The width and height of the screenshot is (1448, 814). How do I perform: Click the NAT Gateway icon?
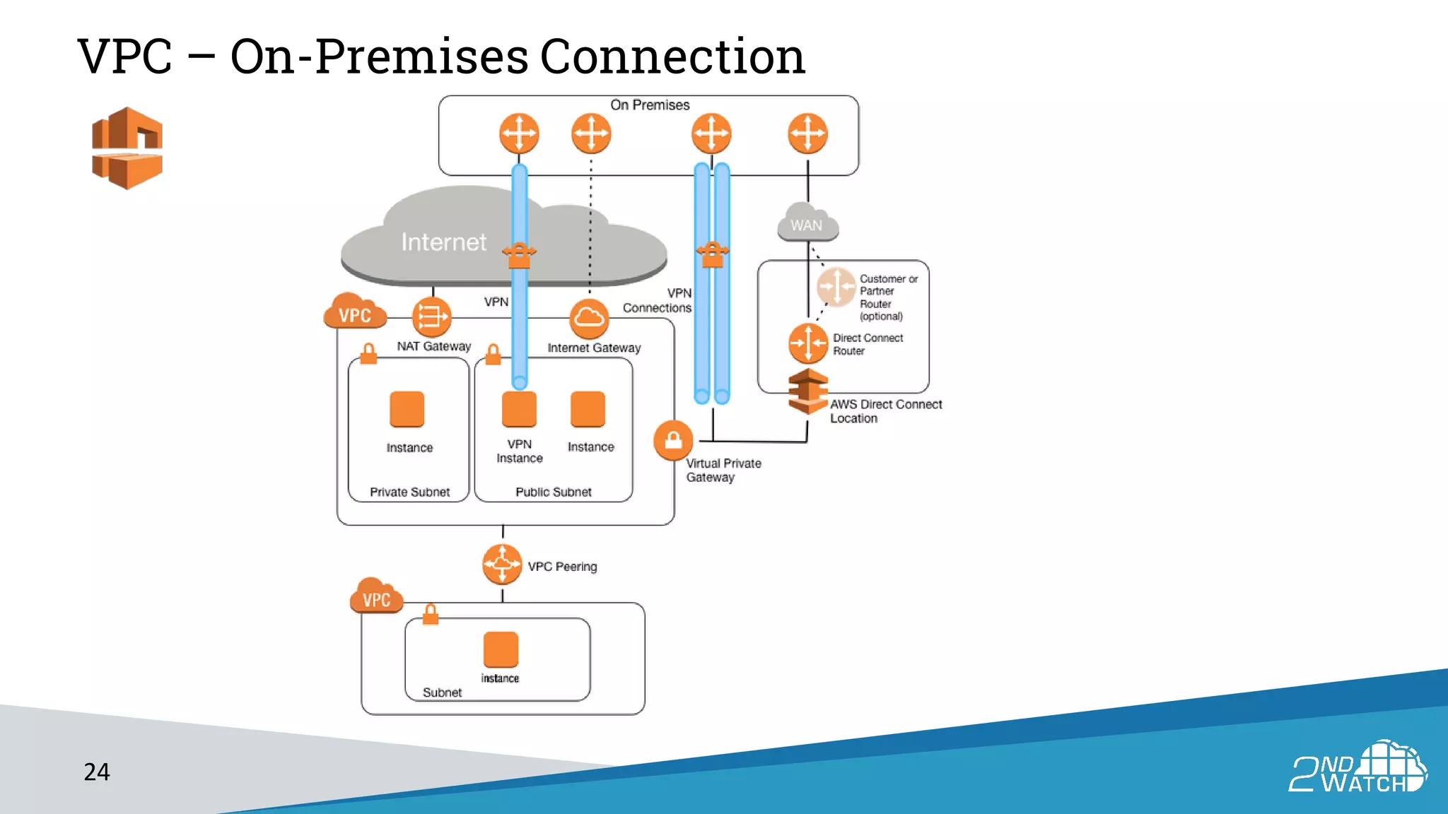(x=431, y=317)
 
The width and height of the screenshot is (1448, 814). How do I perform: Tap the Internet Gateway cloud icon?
(x=589, y=318)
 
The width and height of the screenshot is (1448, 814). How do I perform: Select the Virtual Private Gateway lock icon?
(x=673, y=440)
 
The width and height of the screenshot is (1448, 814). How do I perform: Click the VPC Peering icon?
(x=502, y=564)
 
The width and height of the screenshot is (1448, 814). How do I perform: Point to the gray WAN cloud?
(x=807, y=224)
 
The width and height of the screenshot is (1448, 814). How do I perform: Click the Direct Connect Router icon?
(x=808, y=343)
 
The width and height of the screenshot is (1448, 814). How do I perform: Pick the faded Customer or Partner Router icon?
(x=836, y=287)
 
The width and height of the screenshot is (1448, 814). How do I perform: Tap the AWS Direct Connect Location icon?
(x=808, y=391)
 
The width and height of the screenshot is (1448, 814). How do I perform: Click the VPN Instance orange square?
(x=519, y=409)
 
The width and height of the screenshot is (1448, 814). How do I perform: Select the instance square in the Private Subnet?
(x=407, y=409)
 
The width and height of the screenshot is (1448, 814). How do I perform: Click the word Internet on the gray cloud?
(x=444, y=242)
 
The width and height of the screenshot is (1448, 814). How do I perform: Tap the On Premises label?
(x=650, y=105)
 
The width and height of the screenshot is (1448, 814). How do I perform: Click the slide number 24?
(x=97, y=772)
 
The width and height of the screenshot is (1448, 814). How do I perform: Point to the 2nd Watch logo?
(x=1357, y=767)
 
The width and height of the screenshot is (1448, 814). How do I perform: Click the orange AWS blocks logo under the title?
(x=127, y=148)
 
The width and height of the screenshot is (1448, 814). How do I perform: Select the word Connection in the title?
(x=672, y=57)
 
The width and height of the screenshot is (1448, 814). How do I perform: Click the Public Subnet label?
(x=553, y=492)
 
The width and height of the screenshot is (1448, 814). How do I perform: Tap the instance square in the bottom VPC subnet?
(x=501, y=649)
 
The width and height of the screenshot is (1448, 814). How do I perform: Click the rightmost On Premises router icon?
(x=807, y=134)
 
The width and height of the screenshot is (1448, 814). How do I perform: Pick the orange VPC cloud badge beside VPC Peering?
(x=376, y=597)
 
